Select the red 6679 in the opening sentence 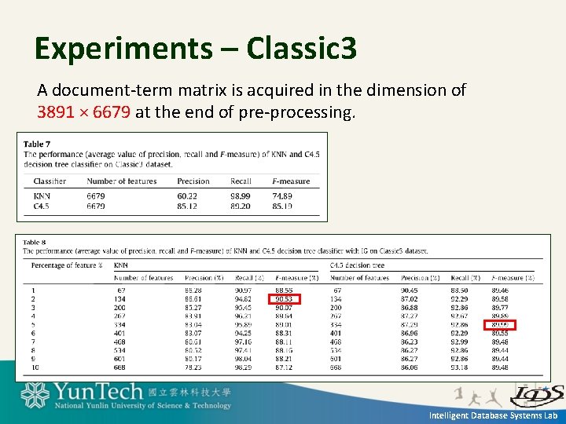(112, 112)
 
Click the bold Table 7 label (37, 144)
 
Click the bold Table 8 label (35, 242)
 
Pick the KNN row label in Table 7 (42, 196)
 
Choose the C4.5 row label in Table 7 (42, 206)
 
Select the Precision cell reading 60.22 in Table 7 (187, 196)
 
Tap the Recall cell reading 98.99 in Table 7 (241, 196)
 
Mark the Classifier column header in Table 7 (50, 181)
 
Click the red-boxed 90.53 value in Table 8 (284, 299)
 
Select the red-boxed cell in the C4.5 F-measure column (500, 324)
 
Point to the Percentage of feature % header (67, 265)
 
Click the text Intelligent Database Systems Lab (493, 415)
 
